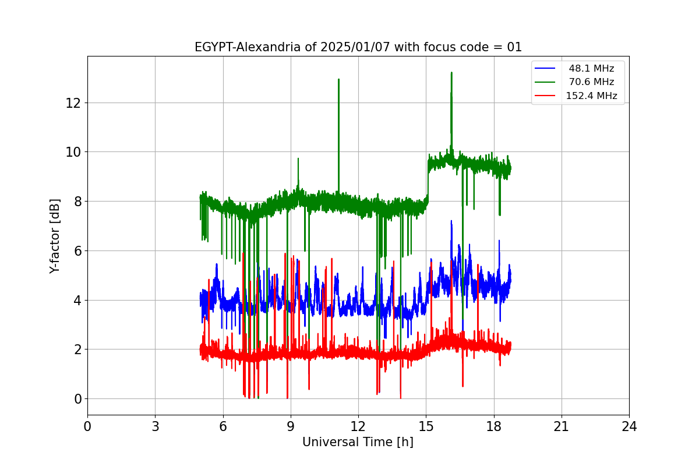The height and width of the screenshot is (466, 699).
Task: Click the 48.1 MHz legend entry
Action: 591,68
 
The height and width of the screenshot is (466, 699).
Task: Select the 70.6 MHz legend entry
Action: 591,82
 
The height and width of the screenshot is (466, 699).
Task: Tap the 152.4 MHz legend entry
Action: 591,96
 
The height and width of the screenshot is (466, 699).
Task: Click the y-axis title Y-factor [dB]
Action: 55,236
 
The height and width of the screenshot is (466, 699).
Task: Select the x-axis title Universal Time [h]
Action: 358,442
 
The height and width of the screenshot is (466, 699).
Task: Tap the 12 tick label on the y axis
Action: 73,103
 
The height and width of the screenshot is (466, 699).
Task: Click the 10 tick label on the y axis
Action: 73,152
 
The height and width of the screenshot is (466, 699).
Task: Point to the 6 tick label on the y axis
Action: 76,251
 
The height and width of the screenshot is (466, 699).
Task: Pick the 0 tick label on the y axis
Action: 76,399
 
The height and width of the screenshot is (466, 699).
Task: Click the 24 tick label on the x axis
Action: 629,426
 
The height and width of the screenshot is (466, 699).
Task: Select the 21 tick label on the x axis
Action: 561,426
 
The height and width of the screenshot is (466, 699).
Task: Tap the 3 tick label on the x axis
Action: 155,426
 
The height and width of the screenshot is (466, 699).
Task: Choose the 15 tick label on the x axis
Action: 426,426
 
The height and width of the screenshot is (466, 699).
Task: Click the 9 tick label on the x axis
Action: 291,426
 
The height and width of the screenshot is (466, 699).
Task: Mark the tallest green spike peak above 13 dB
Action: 451,73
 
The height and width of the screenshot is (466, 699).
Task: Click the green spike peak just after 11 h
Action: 338,79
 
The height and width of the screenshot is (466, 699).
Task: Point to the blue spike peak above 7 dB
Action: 451,221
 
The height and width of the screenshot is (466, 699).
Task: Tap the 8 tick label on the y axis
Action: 76,202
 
